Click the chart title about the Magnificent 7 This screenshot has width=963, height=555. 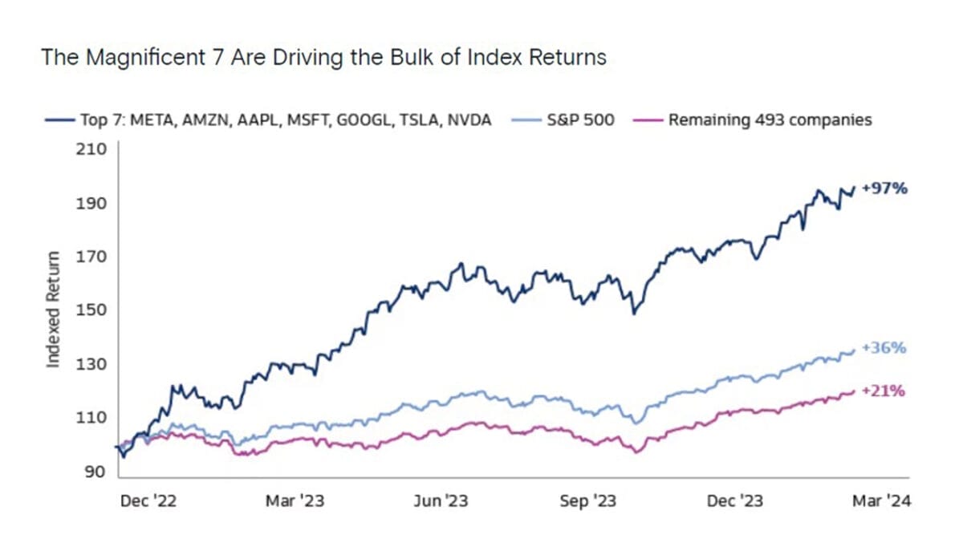click(x=323, y=58)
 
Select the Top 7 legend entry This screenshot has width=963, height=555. click(x=269, y=121)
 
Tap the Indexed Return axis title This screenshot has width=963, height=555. click(x=54, y=310)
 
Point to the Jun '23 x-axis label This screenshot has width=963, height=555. click(x=440, y=501)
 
